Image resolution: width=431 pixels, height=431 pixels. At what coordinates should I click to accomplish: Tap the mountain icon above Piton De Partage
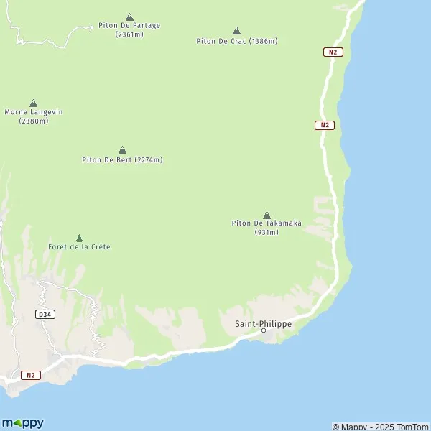tap(129, 17)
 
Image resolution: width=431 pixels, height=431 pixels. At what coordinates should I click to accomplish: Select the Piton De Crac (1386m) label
tap(236, 41)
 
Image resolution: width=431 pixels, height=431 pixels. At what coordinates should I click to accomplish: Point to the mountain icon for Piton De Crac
tap(236, 31)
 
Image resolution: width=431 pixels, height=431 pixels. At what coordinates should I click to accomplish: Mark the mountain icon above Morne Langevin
tap(33, 103)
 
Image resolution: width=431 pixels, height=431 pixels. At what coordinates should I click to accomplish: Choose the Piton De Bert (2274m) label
tap(122, 159)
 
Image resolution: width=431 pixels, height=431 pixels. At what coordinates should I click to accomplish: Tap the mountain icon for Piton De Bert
tap(122, 149)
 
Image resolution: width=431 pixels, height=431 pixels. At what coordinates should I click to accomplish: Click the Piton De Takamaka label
tap(267, 223)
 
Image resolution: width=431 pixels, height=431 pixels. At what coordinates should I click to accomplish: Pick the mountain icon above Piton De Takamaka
tap(267, 215)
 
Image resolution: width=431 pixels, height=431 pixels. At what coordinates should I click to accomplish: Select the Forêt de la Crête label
tap(79, 247)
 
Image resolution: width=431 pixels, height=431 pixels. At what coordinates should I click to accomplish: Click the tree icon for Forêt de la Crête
tap(79, 237)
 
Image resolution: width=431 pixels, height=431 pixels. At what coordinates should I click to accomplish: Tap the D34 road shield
tap(45, 315)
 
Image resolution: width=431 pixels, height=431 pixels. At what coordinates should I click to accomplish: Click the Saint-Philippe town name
tap(264, 324)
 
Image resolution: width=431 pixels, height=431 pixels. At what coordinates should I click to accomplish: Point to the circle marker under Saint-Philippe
tap(264, 330)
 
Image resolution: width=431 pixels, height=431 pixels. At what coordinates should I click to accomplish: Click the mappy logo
tap(24, 422)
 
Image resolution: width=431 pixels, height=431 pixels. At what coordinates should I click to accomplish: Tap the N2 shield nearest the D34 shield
tap(29, 375)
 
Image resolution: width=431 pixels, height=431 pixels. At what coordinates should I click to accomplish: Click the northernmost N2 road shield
tap(332, 52)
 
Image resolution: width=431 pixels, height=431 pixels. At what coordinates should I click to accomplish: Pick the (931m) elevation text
tap(267, 232)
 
